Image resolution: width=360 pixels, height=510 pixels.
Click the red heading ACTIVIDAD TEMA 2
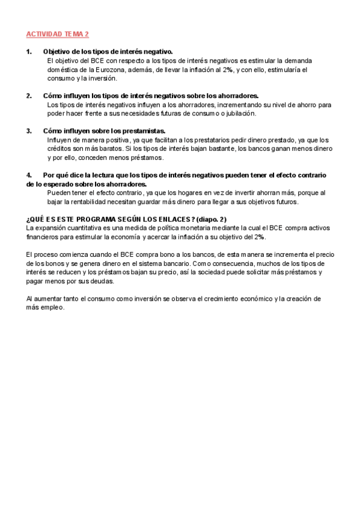[58, 35]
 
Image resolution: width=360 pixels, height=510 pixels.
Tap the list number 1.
[29, 52]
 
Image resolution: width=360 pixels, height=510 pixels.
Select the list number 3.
[29, 131]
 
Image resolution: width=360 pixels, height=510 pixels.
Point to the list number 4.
[29, 175]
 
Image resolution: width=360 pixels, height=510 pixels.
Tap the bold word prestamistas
[141, 131]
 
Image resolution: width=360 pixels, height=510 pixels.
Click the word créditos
[60, 149]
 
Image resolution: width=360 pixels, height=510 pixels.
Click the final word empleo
[51, 307]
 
